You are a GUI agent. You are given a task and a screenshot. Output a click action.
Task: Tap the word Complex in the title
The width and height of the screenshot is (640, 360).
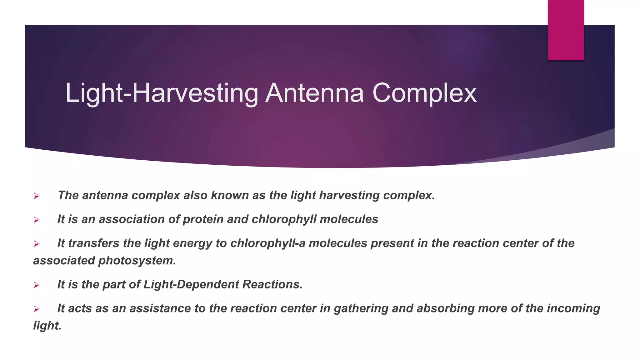tap(424, 93)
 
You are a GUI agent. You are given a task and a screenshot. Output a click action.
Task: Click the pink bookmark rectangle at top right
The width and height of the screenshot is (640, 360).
tap(566, 30)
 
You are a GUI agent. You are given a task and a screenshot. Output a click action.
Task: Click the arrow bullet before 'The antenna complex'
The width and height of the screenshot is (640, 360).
tap(37, 196)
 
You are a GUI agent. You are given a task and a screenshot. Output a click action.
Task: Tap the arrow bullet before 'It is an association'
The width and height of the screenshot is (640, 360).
tap(37, 220)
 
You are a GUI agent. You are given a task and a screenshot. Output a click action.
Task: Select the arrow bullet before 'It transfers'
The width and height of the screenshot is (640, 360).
tap(37, 244)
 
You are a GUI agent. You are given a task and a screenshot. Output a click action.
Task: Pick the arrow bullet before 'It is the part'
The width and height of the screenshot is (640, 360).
tap(37, 285)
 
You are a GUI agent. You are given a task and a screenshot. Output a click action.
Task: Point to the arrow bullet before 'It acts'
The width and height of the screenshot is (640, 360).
tap(37, 309)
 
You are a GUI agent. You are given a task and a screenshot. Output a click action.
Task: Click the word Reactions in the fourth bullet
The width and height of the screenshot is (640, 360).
tap(272, 284)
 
